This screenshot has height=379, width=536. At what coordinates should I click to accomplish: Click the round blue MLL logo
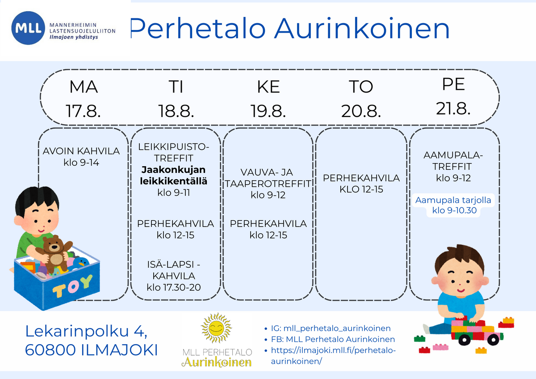point(28,28)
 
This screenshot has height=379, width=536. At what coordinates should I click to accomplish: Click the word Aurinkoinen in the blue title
point(362,28)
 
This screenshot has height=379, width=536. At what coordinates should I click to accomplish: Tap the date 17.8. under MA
point(83,111)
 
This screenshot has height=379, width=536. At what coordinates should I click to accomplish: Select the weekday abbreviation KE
point(268,87)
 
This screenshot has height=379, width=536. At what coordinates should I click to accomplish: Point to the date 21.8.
point(453,109)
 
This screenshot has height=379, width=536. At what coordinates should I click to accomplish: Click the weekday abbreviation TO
point(361,87)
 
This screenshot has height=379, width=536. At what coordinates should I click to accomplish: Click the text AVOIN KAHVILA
point(81,151)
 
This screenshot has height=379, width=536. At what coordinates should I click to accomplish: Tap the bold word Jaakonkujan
point(173,169)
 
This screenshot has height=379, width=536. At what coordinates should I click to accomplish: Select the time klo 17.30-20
point(174,287)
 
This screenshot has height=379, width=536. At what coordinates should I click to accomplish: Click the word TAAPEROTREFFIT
point(268,184)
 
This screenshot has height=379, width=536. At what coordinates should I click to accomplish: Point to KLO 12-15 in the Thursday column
point(361,189)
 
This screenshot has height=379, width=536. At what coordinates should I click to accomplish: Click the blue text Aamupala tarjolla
point(453,200)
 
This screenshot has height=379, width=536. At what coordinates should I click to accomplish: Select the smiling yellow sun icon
point(217,328)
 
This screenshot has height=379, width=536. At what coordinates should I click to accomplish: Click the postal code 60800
point(50,350)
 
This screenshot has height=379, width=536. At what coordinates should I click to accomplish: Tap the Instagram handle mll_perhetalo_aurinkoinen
point(337,328)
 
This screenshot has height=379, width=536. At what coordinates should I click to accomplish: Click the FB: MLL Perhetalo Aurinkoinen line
point(333,339)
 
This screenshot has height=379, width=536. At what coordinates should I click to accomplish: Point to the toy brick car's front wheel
point(465,340)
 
